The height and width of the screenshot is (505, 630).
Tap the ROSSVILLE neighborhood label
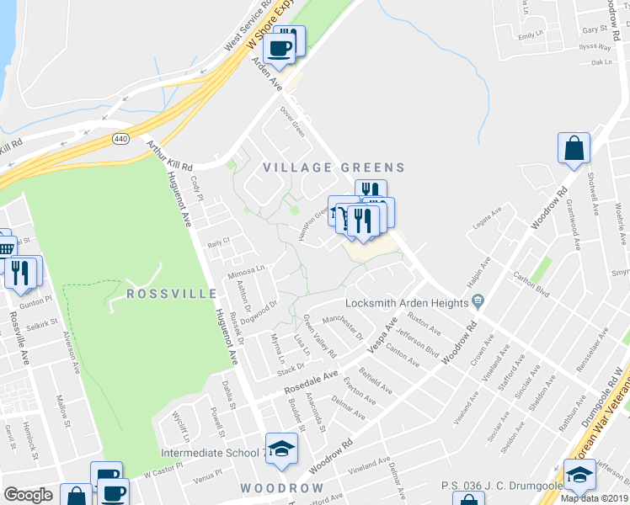[166, 294]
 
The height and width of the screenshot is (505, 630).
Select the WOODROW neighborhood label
[281, 488]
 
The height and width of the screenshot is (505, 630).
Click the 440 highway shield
[122, 139]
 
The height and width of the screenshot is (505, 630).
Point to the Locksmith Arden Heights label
[408, 302]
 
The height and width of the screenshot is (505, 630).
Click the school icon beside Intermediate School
[282, 449]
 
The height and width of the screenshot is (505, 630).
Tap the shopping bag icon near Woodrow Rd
[574, 148]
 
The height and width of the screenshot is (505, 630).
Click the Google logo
[28, 495]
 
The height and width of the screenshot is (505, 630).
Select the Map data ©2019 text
[595, 497]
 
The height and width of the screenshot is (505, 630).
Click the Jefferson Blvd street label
[418, 340]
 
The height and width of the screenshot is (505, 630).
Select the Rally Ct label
[219, 242]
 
